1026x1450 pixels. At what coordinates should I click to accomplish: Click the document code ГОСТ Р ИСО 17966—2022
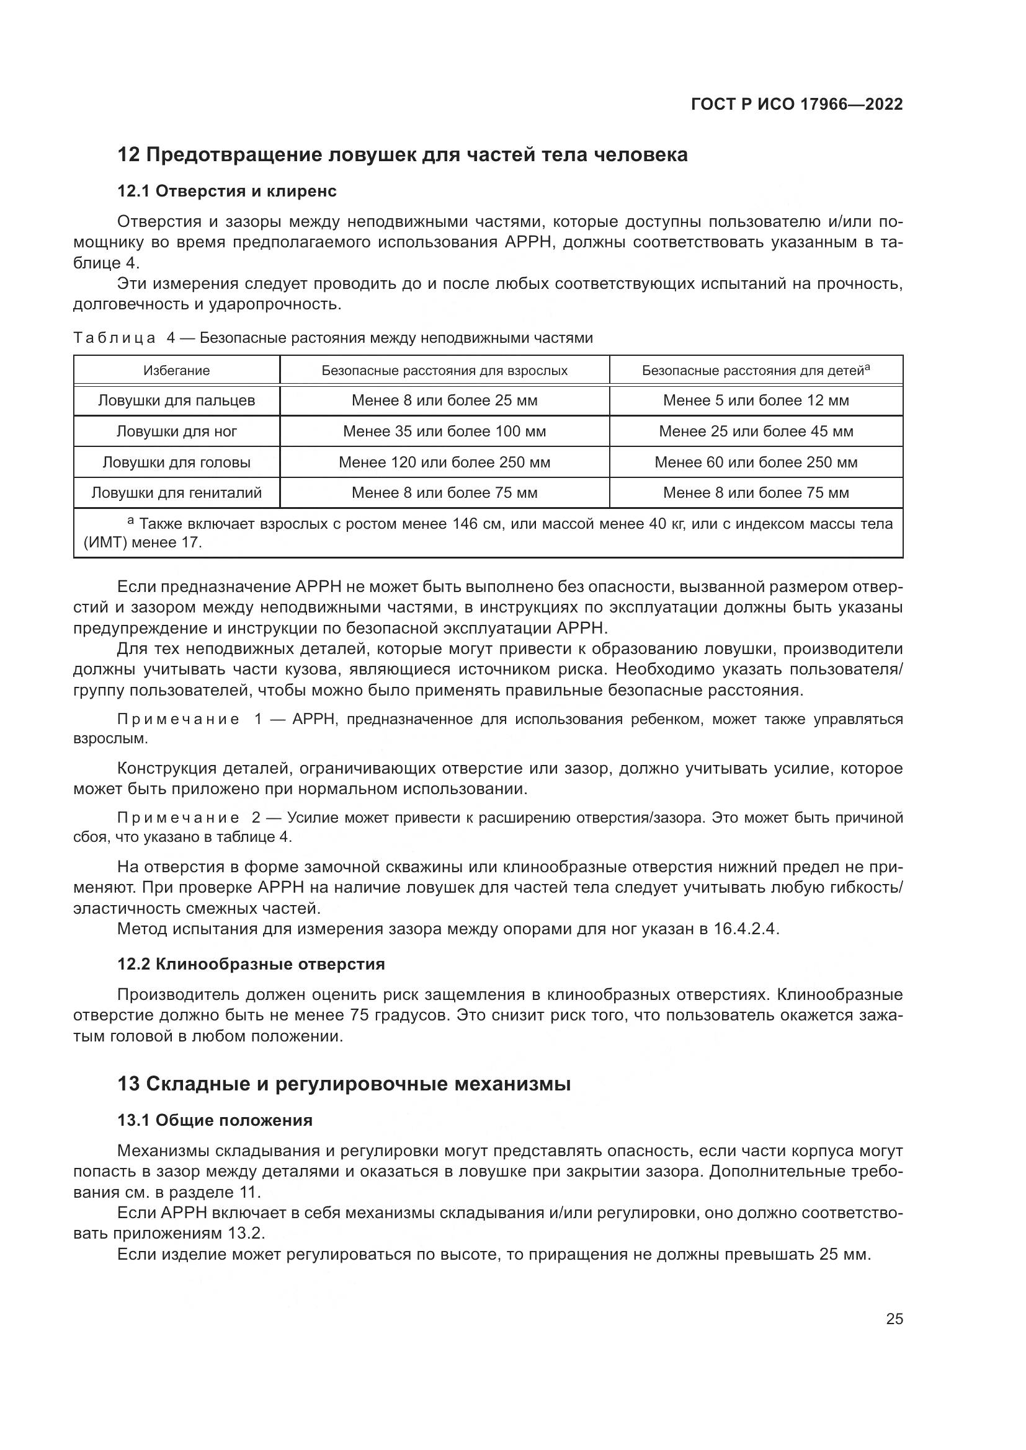[796, 104]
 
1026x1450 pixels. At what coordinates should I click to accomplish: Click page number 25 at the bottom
[894, 1319]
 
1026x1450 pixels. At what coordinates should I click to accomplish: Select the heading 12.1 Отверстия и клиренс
[227, 192]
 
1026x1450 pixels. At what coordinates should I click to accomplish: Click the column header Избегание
[176, 371]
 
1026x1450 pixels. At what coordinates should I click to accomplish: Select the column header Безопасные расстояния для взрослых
[444, 371]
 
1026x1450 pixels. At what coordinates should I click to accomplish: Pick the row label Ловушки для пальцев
[176, 400]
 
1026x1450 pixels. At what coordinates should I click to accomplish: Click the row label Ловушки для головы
[176, 462]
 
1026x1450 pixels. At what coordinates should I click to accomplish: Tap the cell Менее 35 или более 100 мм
[444, 431]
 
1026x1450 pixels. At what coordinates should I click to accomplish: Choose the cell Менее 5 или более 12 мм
[756, 400]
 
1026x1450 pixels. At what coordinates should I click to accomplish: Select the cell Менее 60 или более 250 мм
[756, 462]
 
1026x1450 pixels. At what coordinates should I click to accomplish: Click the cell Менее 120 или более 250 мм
[444, 462]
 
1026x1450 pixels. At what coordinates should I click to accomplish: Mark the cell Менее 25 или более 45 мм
[756, 431]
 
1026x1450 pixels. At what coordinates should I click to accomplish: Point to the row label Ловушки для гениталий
[176, 493]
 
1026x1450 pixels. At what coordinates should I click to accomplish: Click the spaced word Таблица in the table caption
[114, 338]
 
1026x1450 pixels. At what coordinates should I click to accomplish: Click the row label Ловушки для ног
[176, 431]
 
